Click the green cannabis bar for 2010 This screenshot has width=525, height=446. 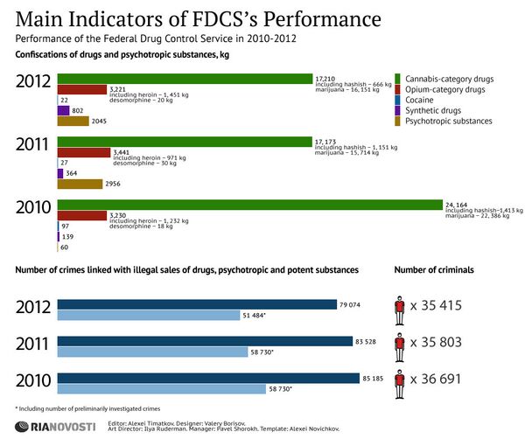coord(249,206)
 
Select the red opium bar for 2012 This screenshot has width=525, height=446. coord(80,88)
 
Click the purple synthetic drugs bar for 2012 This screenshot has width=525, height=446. coord(63,110)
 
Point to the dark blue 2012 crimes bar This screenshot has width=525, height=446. coord(197,304)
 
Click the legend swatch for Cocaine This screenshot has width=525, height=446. coord(397,100)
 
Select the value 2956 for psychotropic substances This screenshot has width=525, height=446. coord(112,184)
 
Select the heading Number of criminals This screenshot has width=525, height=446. coord(434,269)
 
